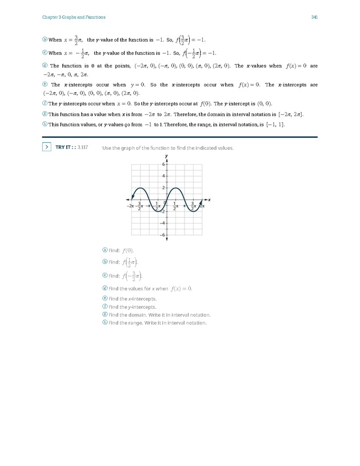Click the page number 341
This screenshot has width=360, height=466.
click(314, 17)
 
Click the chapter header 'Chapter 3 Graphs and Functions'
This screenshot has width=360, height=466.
click(73, 17)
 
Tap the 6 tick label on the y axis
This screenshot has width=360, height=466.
click(163, 164)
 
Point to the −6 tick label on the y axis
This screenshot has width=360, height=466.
click(162, 235)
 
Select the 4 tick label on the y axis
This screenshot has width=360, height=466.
click(163, 176)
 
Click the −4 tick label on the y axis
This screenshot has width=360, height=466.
click(162, 223)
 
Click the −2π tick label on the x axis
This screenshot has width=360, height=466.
click(131, 205)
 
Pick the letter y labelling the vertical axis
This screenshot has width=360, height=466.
click(166, 156)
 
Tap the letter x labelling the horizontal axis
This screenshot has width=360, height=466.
click(209, 200)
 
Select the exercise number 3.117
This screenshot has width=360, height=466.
click(83, 148)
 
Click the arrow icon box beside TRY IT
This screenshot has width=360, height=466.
click(46, 148)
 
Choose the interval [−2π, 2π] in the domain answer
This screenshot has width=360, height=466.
click(290, 115)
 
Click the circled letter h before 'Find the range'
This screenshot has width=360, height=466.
click(105, 322)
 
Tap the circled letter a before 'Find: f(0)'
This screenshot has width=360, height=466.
click(105, 250)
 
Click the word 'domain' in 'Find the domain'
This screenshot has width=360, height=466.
click(137, 315)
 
